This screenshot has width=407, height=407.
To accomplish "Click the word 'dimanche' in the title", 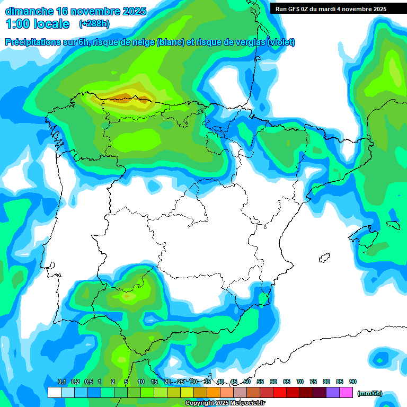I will point(29,11).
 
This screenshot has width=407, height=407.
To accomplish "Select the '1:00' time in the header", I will point(17,24).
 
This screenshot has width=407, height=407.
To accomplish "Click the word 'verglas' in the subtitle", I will point(245,42).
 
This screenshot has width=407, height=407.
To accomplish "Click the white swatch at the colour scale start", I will point(54,392).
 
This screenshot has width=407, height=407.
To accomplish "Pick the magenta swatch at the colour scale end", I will point(346,392).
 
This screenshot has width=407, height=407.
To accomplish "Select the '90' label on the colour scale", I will point(353,382).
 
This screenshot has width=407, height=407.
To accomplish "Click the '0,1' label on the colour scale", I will point(62,382).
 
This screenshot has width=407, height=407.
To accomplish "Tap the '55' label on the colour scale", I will point(260,382).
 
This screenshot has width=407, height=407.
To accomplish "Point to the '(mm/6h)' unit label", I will point(370,393).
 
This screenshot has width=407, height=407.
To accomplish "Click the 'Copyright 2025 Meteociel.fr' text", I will point(226,403).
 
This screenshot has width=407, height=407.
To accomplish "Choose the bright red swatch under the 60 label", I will point(280,392).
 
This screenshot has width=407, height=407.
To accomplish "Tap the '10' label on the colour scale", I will point(141,382).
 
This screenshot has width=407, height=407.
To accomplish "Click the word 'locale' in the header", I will point(51,24).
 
